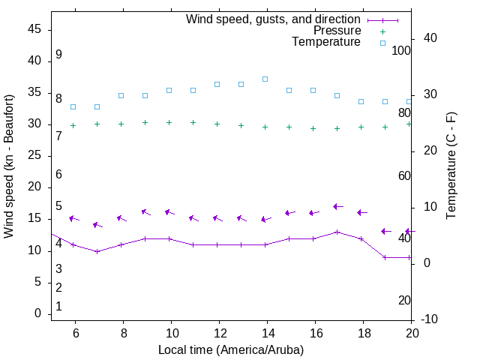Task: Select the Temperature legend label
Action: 326,42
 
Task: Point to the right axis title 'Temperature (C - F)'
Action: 451,166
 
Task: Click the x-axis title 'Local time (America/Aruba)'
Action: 231,349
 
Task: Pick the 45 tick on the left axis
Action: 34,30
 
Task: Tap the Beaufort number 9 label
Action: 58,55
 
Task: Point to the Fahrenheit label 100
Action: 401,51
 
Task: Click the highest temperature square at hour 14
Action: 265,79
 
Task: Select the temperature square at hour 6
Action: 73,106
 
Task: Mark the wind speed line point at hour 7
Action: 97,251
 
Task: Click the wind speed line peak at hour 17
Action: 337,232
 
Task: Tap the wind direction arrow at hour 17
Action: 338,206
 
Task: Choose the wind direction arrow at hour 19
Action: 385,231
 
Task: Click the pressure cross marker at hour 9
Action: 145,122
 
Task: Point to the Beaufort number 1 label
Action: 58,307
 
